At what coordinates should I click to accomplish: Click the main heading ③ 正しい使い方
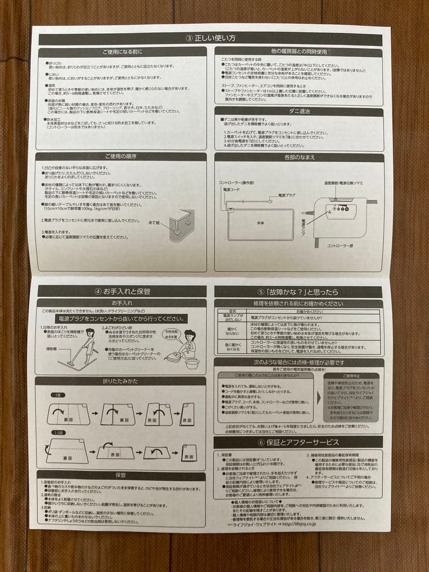point(210,39)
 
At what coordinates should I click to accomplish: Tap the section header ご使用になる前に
point(122,52)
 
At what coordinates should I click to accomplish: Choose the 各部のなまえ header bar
point(299,157)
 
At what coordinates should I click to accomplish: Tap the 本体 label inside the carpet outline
point(260,223)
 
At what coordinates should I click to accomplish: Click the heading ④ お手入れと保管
point(122,291)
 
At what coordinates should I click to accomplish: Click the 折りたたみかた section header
point(121,381)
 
